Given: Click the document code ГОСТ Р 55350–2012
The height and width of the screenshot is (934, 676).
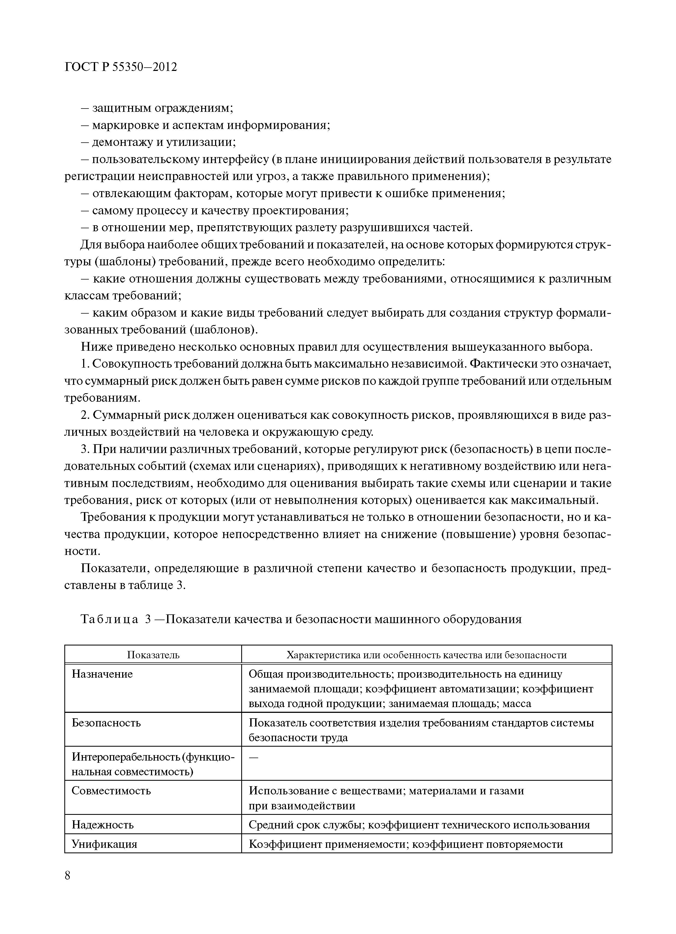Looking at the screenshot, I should tap(121, 67).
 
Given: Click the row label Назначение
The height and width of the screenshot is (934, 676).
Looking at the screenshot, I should tap(102, 674).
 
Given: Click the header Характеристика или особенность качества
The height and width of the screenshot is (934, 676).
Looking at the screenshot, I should tap(427, 655).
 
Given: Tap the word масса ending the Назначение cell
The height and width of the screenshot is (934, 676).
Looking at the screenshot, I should tap(517, 703).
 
